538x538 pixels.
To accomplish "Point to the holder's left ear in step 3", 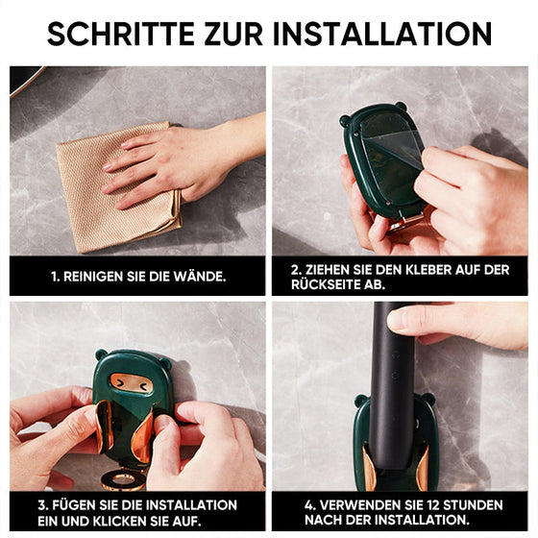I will click(101, 355).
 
